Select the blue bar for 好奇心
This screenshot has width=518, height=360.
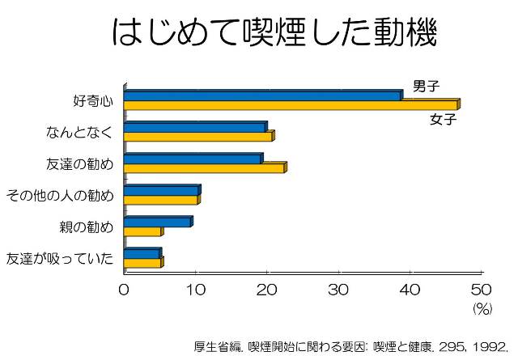pyautogui.click(x=262, y=95)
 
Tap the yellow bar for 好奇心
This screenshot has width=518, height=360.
pyautogui.click(x=291, y=105)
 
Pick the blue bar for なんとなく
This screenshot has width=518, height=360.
pyautogui.click(x=194, y=127)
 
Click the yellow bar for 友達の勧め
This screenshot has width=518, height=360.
pyautogui.click(x=204, y=168)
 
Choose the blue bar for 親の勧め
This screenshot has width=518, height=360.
pyautogui.click(x=157, y=222)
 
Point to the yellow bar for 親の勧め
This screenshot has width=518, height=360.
pyautogui.click(x=142, y=231)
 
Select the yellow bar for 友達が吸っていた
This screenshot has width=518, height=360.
pyautogui.click(x=143, y=263)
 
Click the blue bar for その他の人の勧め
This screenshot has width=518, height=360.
pyautogui.click(x=161, y=190)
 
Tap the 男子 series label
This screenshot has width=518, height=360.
pyautogui.click(x=426, y=87)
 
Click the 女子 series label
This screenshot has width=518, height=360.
pyautogui.click(x=443, y=120)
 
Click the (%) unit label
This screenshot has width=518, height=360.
pyautogui.click(x=482, y=308)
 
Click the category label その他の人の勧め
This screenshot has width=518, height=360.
pyautogui.click(x=59, y=195)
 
